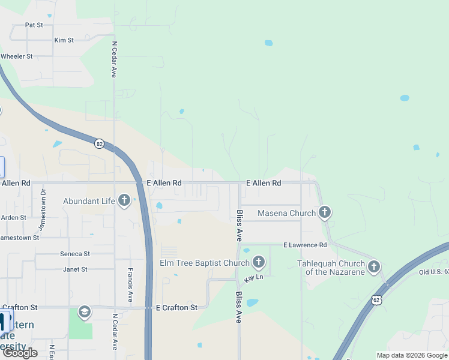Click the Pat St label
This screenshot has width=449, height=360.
(34, 25)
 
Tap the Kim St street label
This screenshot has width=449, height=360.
(64, 40)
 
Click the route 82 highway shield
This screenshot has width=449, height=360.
(99, 143)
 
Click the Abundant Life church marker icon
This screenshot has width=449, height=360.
(124, 200)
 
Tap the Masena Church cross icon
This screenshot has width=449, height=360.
(325, 212)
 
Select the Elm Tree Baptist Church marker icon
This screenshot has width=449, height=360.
(259, 262)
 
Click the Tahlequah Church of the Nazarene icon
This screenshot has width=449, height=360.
(374, 266)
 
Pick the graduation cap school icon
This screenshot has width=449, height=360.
(85, 311)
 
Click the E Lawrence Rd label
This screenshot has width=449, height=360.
(305, 245)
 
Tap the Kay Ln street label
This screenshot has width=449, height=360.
(254, 278)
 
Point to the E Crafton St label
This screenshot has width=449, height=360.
(176, 308)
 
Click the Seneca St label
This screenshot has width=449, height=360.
(75, 254)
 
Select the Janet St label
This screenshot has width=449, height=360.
(75, 269)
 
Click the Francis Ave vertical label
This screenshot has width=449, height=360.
(130, 283)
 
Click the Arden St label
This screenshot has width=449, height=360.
(13, 217)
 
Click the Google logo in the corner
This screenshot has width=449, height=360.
(20, 353)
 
